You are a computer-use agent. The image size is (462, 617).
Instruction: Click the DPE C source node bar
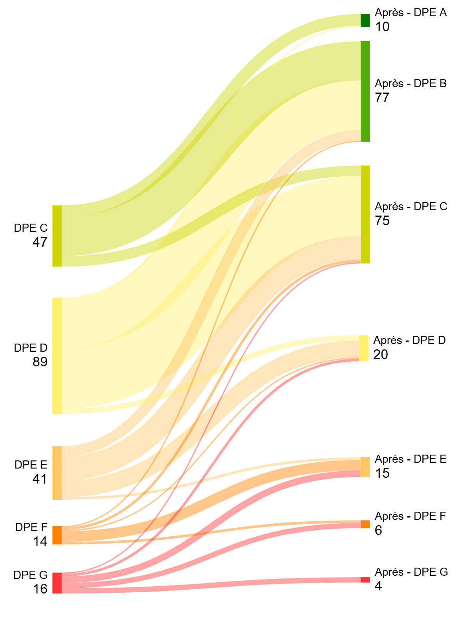click(x=57, y=236)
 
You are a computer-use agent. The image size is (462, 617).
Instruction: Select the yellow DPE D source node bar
click(x=57, y=356)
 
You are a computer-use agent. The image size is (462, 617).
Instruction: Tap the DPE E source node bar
click(x=57, y=473)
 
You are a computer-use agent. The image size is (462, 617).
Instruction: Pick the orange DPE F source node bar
click(x=57, y=535)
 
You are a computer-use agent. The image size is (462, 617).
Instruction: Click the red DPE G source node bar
click(x=57, y=583)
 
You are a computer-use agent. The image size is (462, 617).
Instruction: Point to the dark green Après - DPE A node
click(x=365, y=20)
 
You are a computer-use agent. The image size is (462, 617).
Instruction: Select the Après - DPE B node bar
click(x=365, y=91)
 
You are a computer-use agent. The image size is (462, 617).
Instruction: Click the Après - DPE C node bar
click(x=365, y=214)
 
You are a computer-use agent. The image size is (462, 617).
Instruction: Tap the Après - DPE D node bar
click(x=363, y=348)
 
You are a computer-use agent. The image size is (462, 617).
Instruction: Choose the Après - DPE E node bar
click(x=365, y=467)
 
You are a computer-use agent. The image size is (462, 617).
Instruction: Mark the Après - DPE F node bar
click(x=365, y=524)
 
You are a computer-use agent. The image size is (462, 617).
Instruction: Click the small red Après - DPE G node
click(x=365, y=580)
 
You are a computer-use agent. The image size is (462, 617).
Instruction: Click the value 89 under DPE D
click(x=40, y=362)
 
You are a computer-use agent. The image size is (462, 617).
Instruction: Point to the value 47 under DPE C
click(x=40, y=242)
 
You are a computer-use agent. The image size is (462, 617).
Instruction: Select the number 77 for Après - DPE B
click(x=382, y=98)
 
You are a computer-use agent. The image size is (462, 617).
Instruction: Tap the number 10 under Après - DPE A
click(x=382, y=27)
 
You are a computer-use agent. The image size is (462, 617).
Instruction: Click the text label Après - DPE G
click(x=411, y=572)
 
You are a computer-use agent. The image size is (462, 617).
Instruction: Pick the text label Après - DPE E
click(x=410, y=459)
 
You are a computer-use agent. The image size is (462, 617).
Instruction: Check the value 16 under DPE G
click(x=40, y=589)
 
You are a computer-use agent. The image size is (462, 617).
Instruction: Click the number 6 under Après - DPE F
click(x=378, y=530)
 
